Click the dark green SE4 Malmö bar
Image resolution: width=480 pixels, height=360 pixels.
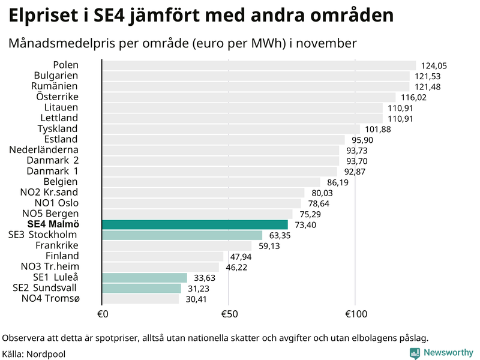click(195, 224)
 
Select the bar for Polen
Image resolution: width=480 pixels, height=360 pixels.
click(259, 65)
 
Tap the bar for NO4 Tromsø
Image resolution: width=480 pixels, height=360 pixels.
click(140, 298)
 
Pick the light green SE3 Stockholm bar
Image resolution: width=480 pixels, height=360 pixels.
click(182, 235)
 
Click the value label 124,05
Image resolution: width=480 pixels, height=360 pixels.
click(434, 66)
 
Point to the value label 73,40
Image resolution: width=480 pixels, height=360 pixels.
click(305, 224)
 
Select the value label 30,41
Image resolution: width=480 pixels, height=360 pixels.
click(196, 299)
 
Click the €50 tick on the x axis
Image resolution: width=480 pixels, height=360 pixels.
click(229, 314)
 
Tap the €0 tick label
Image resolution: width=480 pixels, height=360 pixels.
click(102, 314)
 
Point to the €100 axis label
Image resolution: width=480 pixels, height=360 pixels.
click(355, 314)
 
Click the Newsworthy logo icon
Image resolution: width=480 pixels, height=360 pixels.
click(415, 353)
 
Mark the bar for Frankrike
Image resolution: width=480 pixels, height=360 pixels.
click(177, 245)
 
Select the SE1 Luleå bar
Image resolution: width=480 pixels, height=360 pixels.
click(145, 277)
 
